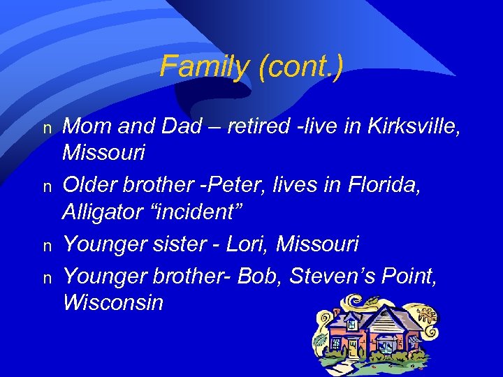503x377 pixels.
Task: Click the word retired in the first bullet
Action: pos(261,127)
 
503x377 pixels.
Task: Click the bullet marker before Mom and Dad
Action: pos(48,129)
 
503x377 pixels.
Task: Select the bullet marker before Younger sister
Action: pos(48,246)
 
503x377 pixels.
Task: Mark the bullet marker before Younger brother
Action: pos(48,277)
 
